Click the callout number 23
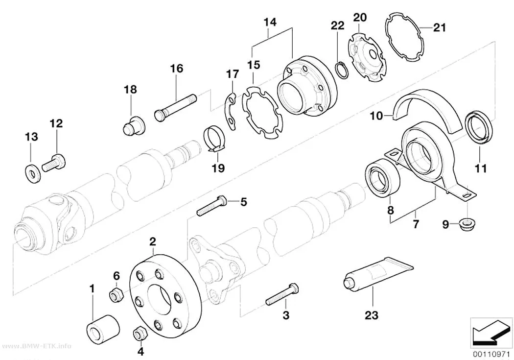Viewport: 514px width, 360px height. pos(372,315)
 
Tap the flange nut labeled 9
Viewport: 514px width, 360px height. pos(467,225)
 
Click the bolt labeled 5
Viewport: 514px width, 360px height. pos(212,205)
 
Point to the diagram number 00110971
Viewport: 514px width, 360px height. pos(491,355)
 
